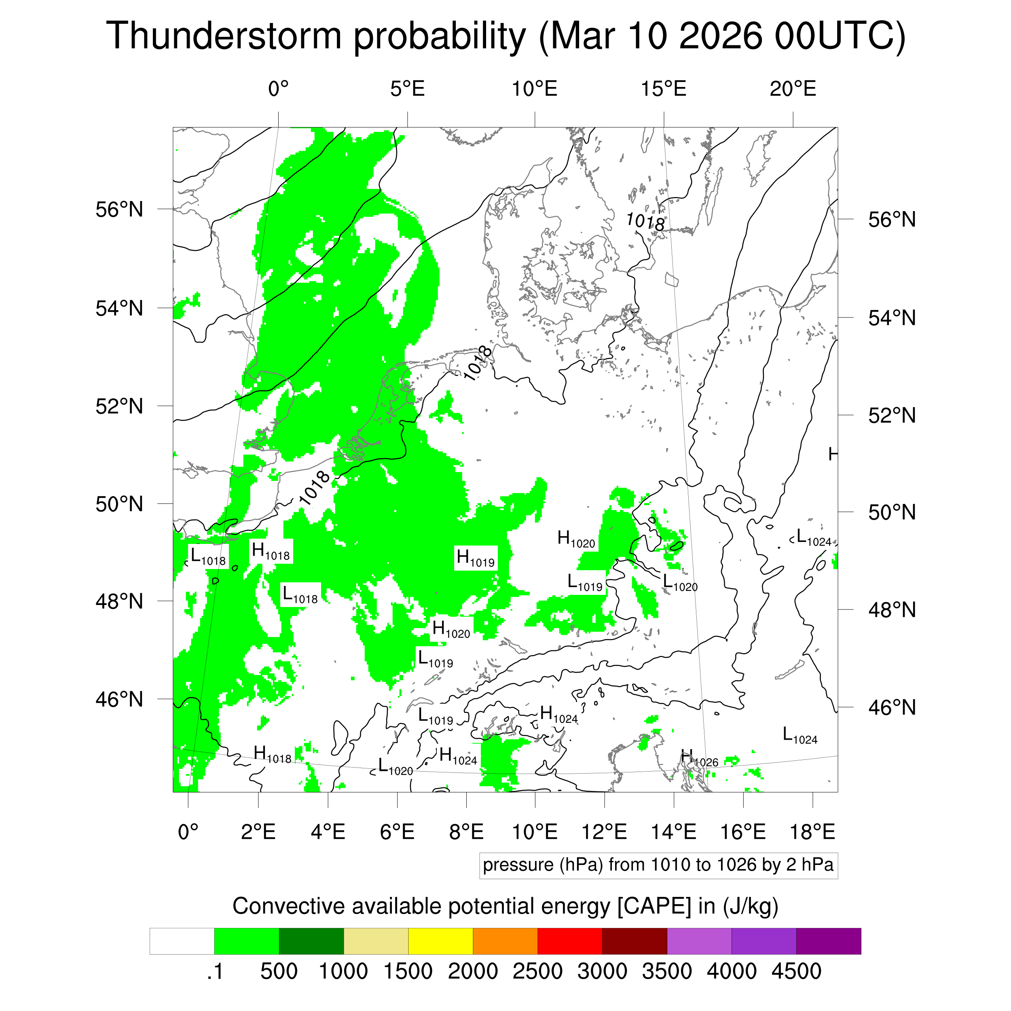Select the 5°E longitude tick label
[407, 89]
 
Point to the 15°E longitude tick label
[664, 89]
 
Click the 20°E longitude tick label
[793, 89]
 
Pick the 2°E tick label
[258, 831]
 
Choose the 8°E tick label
[466, 831]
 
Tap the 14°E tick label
[673, 831]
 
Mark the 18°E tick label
[812, 831]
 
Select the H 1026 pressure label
[699, 758]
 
